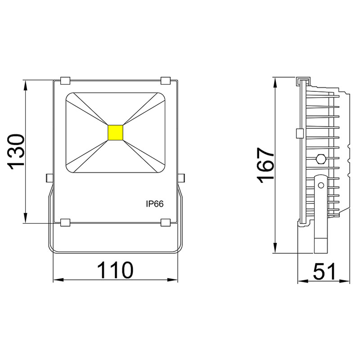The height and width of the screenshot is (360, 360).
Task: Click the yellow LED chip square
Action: (116, 132)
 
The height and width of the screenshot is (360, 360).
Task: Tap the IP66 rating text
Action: (154, 204)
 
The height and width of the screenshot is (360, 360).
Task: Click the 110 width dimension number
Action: (116, 270)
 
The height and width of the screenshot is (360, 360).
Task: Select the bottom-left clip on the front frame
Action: (65, 222)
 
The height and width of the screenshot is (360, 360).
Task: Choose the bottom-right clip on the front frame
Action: (166, 222)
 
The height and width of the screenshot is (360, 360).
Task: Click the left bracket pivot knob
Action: (49, 178)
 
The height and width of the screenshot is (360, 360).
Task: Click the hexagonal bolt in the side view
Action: (321, 158)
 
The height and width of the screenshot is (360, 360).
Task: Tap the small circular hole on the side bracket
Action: (320, 185)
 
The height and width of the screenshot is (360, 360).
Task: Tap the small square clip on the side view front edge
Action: (299, 134)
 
